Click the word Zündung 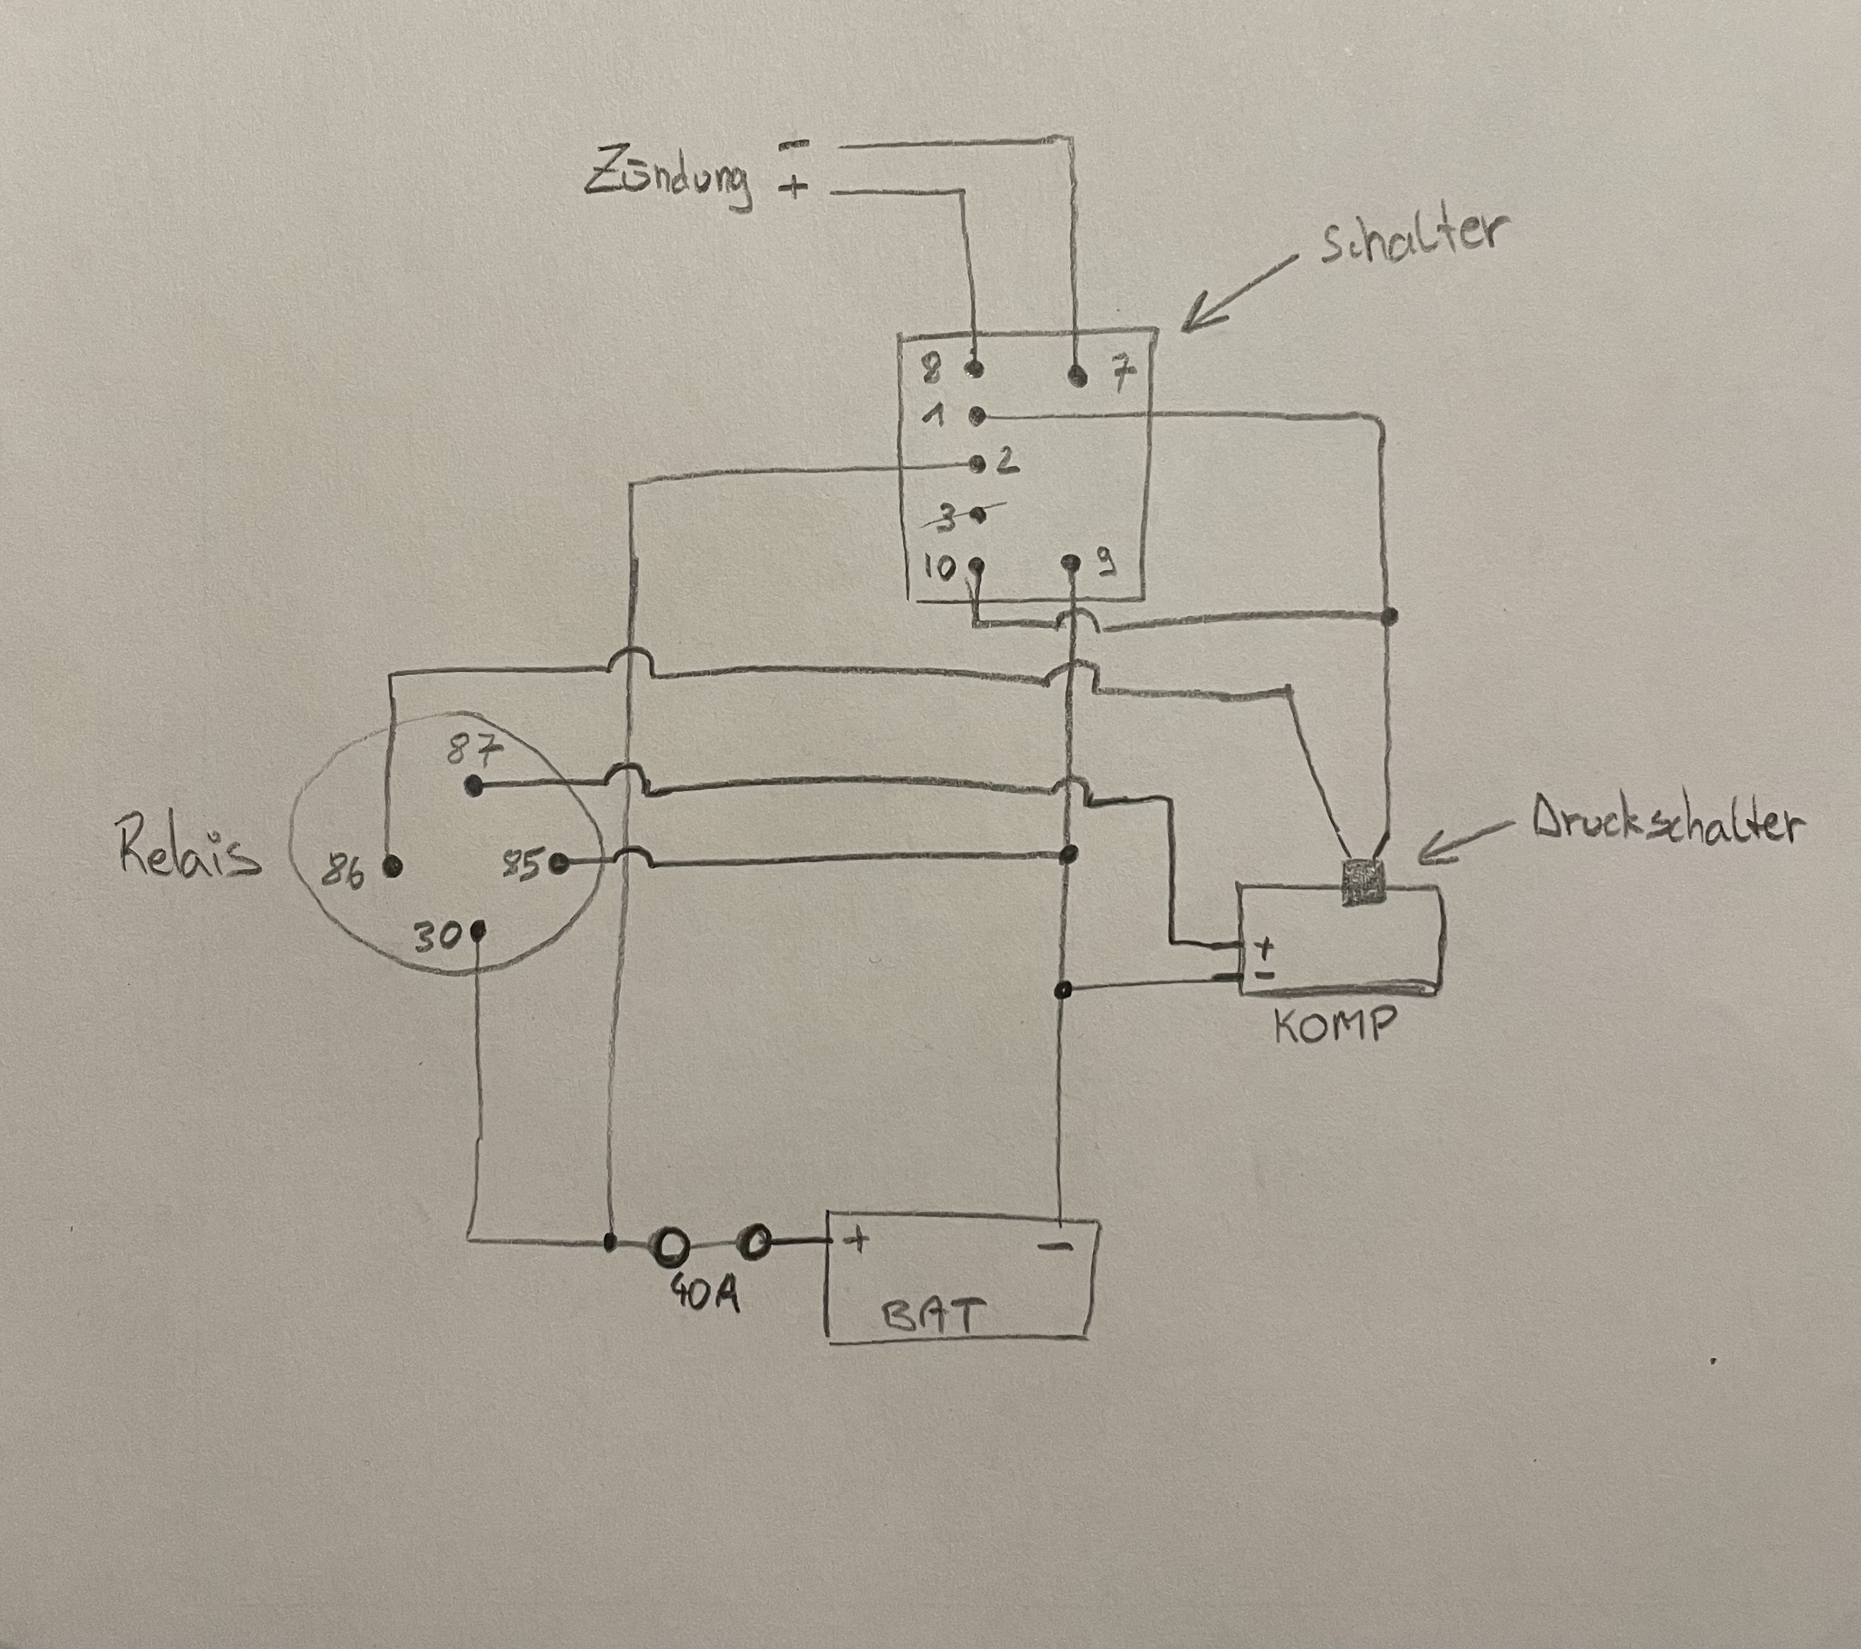[667, 183]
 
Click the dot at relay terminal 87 [473, 785]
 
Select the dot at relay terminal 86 [392, 866]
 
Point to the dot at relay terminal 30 [478, 930]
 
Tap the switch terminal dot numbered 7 [1078, 374]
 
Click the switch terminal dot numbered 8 [975, 369]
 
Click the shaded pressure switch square [1363, 882]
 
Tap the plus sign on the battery [856, 1239]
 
